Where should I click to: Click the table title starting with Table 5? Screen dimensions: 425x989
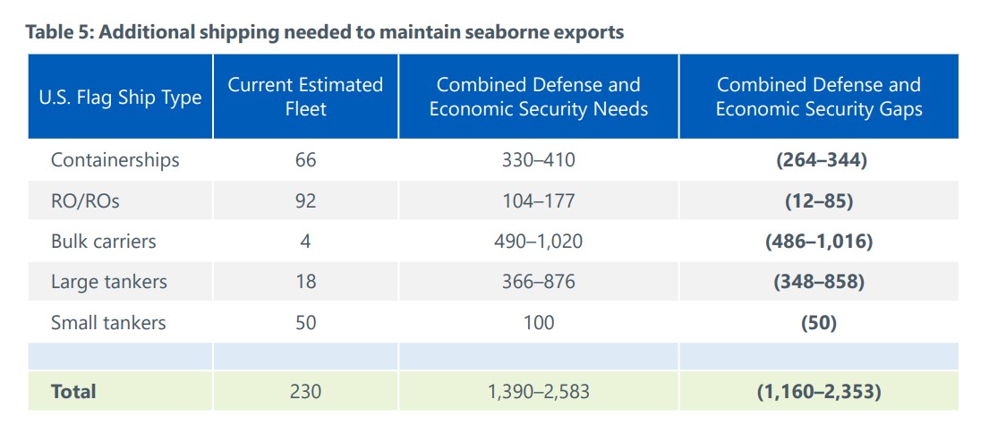tap(324, 33)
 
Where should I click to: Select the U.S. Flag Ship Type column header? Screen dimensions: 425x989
tap(120, 98)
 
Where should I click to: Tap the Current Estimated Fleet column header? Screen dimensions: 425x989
tap(305, 97)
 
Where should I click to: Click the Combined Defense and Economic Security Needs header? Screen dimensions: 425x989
tap(538, 97)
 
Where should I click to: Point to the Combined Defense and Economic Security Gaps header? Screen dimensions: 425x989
tap(818, 97)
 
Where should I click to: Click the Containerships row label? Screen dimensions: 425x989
tap(115, 160)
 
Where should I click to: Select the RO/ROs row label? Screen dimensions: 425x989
tap(85, 201)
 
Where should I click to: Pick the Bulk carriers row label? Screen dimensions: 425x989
tap(103, 242)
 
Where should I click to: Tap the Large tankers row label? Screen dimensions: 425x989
tap(108, 282)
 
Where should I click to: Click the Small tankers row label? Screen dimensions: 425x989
tap(107, 322)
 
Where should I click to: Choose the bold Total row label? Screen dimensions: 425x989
tap(73, 391)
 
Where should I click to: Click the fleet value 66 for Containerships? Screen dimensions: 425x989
tap(305, 160)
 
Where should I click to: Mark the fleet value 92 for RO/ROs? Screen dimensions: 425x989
tap(305, 201)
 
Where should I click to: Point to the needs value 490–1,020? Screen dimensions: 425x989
tap(538, 242)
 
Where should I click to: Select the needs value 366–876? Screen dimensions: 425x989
tap(538, 282)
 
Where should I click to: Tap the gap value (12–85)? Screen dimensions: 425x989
tap(818, 201)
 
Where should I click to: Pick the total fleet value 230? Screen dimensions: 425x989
tap(305, 391)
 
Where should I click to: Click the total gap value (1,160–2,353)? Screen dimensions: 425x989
tap(818, 391)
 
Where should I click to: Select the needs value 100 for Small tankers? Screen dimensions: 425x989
tap(538, 322)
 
